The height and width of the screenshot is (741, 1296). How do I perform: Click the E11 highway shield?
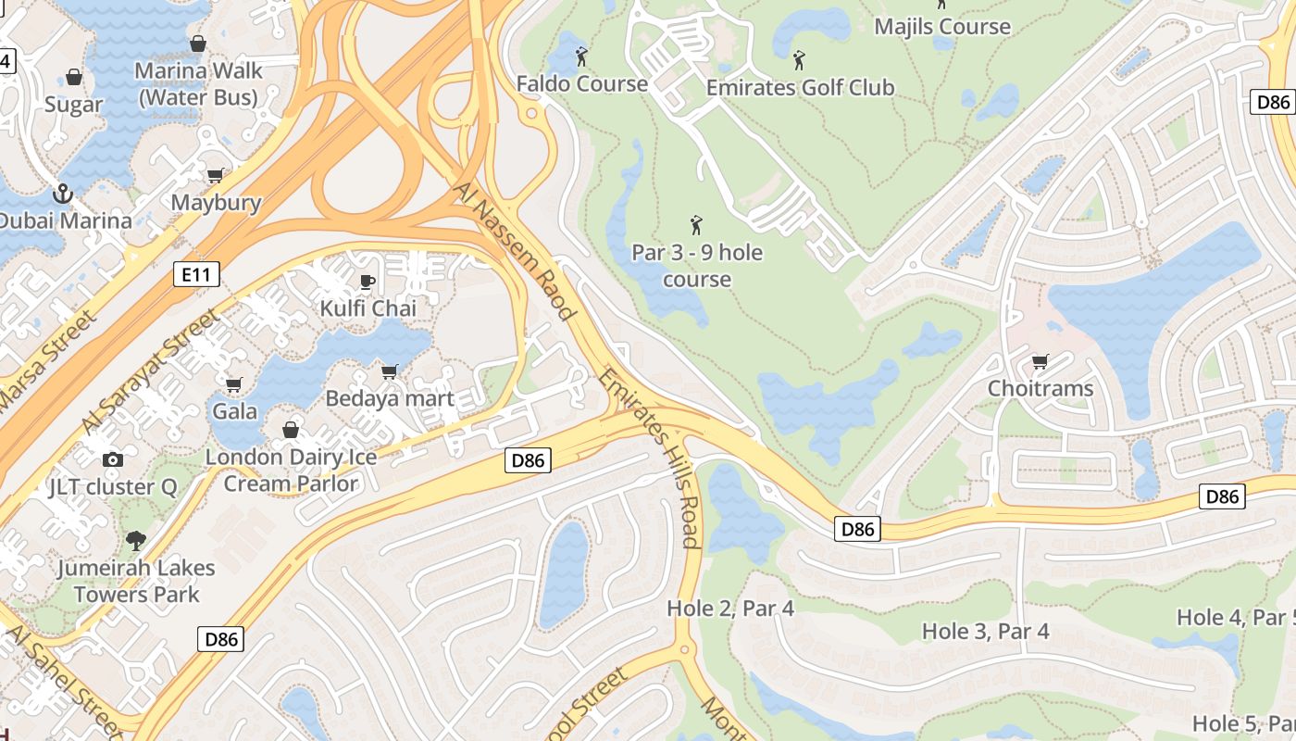point(196,274)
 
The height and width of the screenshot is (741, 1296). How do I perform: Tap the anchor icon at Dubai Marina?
point(63,194)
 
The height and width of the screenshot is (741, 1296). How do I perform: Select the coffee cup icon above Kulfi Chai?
point(368,282)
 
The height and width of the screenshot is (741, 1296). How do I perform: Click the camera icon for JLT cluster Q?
point(113,459)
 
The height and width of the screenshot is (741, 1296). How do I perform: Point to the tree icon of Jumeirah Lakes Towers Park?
point(136,540)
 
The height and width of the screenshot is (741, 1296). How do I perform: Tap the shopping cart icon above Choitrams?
point(1041,361)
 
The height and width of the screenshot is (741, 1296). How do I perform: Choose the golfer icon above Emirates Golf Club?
point(799,61)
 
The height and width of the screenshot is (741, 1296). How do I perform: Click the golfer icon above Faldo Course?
point(581,57)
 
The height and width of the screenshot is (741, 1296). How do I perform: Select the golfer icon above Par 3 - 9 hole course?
point(696,225)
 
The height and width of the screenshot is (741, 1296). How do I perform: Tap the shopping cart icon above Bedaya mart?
point(390,371)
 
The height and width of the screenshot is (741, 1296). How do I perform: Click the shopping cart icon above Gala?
point(234,383)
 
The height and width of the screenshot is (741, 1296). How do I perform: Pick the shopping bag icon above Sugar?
point(73,77)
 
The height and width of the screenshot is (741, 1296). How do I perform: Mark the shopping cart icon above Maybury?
point(216,175)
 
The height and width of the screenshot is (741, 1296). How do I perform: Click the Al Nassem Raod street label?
point(516,250)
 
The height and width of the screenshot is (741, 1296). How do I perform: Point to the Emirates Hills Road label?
point(649,458)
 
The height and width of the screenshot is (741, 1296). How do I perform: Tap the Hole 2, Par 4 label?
point(730,609)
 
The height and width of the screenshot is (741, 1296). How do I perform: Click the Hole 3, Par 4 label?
point(985,632)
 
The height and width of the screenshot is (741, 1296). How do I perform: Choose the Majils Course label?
point(942,26)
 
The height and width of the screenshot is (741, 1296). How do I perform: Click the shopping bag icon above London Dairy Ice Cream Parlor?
point(291,430)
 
